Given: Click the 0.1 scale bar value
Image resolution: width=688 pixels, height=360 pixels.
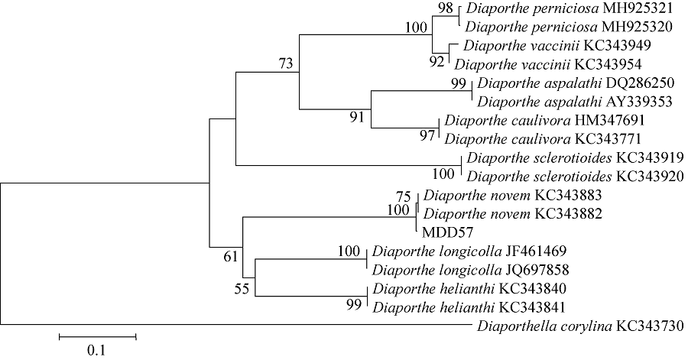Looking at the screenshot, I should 97,351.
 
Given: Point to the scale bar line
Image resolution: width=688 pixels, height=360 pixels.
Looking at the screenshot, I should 97,335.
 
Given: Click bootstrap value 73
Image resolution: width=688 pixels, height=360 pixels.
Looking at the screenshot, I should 287,65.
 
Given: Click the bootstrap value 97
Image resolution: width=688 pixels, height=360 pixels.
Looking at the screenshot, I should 427,135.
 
